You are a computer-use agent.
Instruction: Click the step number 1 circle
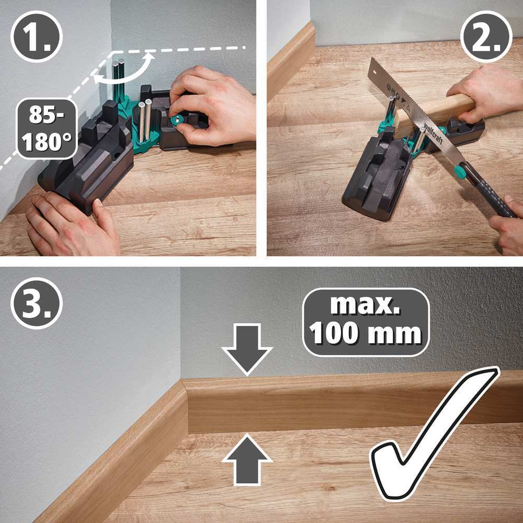point(36,37)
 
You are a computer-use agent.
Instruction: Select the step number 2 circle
point(486,37)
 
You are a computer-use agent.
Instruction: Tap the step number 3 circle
point(36,303)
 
